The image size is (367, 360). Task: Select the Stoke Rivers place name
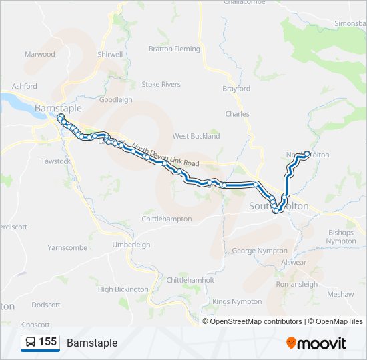pos(161,85)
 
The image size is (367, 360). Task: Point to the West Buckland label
pos(196,136)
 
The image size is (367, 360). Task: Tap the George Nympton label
pos(260,251)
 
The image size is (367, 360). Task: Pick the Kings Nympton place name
pos(237,301)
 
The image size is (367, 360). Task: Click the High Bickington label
pos(123,289)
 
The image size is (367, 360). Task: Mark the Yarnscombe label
pos(67,247)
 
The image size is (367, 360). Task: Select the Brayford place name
pos(236,89)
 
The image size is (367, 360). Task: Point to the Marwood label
pos(40,54)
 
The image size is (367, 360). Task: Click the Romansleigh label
pos(296,283)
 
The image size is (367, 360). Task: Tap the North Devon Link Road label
pos(166,155)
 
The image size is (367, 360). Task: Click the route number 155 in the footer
pos(47,342)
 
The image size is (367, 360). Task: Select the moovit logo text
pos(322,343)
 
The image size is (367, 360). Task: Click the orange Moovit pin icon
pos(291,343)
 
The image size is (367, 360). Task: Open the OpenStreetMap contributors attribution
pos(256,321)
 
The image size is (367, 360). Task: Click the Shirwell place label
pos(110,55)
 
